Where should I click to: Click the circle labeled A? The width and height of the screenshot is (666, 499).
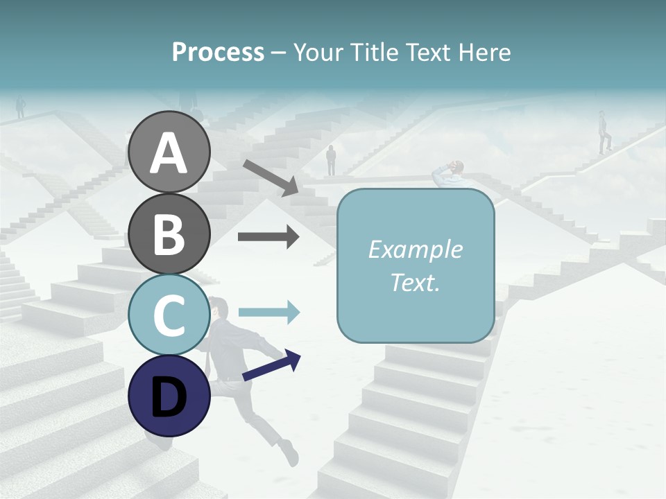pyautogui.click(x=169, y=152)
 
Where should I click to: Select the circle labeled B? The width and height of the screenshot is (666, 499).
pyautogui.click(x=169, y=234)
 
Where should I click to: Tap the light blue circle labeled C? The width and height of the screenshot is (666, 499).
pyautogui.click(x=169, y=315)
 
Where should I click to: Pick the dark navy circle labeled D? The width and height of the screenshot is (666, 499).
pyautogui.click(x=169, y=396)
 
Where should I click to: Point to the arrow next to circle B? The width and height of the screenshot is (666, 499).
pyautogui.click(x=268, y=237)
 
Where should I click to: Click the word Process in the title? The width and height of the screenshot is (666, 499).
pyautogui.click(x=218, y=52)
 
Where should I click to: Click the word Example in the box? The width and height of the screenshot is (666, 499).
pyautogui.click(x=415, y=249)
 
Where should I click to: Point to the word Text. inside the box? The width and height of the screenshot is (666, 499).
pyautogui.click(x=415, y=282)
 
